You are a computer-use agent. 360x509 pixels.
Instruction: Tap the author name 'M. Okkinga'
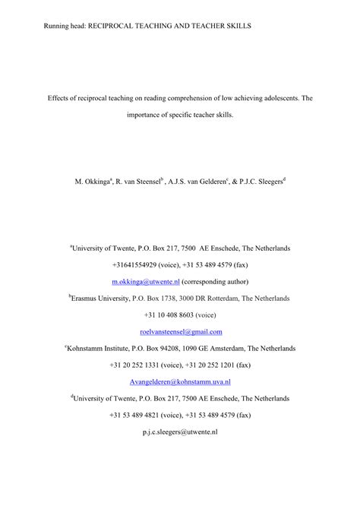(93, 182)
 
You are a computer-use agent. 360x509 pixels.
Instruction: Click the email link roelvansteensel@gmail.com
(181, 331)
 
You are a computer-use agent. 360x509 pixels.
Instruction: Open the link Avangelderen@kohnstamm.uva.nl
(180, 381)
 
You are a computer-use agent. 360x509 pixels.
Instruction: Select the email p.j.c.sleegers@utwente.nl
(180, 432)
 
